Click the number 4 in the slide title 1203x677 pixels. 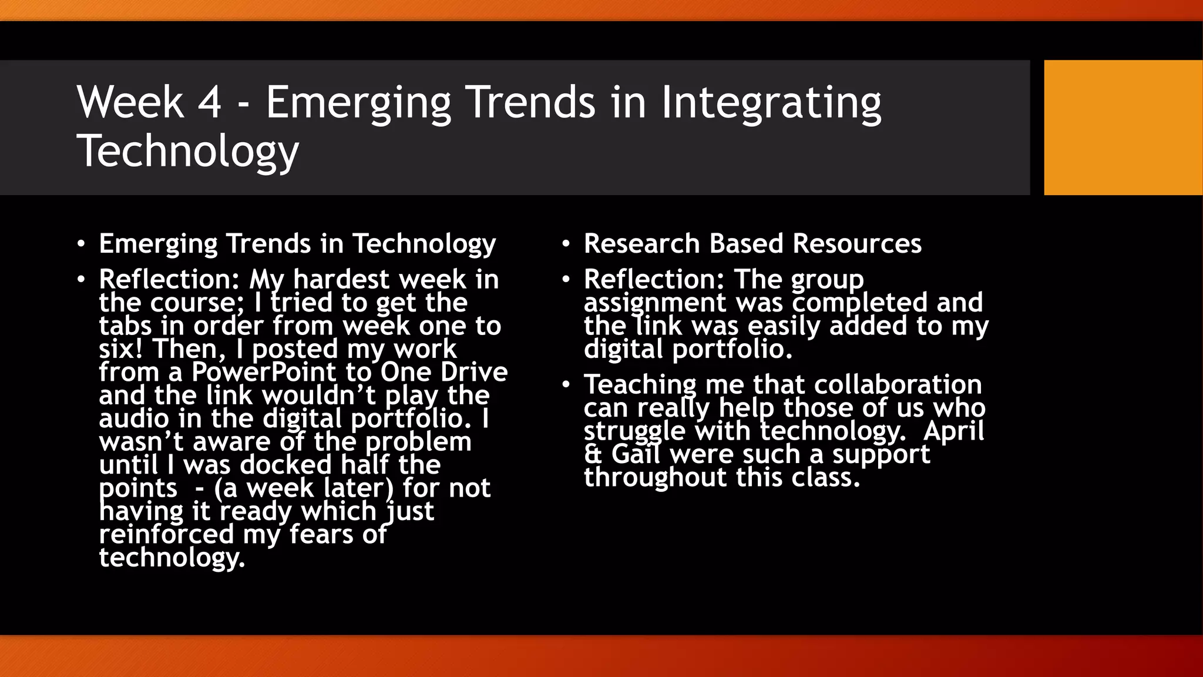[x=209, y=103]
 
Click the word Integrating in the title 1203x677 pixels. [x=771, y=103]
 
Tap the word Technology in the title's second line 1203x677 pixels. [x=188, y=152]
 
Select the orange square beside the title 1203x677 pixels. [x=1123, y=127]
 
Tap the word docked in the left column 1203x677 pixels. [x=286, y=465]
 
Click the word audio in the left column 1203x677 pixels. [x=134, y=418]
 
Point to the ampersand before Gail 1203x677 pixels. [x=593, y=454]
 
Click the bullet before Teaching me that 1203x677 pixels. [x=566, y=385]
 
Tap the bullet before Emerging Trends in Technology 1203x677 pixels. [x=81, y=244]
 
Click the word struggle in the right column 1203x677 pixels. [x=634, y=431]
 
